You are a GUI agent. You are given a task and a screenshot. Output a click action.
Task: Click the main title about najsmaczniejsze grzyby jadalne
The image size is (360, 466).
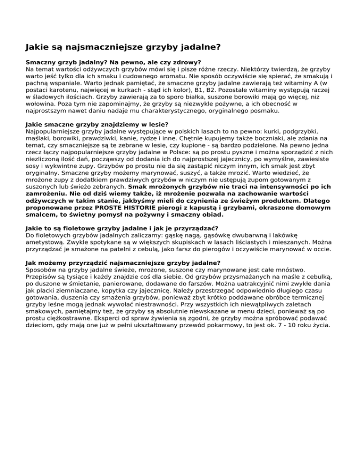click(123, 47)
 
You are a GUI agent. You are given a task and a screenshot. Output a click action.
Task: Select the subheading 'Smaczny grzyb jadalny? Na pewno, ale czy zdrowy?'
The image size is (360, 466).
click(113, 62)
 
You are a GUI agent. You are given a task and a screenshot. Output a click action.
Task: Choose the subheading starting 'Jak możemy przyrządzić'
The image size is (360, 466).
click(122, 263)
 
